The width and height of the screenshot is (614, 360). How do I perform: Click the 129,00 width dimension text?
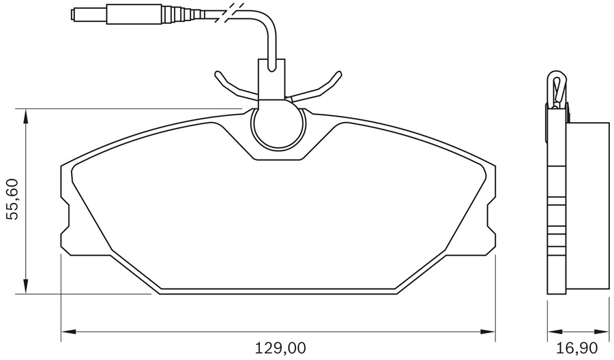pyautogui.click(x=279, y=348)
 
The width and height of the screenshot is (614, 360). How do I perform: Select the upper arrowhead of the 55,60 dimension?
pyautogui.click(x=26, y=115)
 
